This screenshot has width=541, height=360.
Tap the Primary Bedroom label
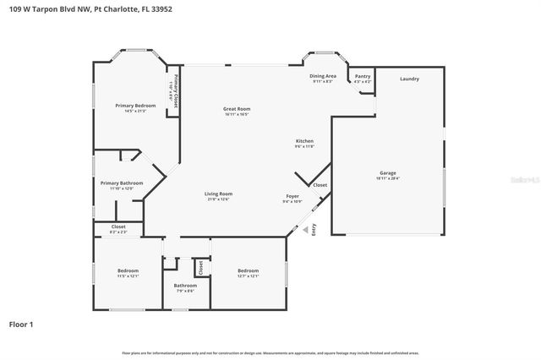(x=135, y=107)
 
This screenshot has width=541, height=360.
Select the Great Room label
(x=237, y=111)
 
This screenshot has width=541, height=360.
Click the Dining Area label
(x=323, y=79)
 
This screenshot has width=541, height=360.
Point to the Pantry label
(x=362, y=79)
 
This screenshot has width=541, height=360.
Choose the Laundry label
(x=409, y=79)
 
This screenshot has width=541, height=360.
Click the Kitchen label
(x=304, y=143)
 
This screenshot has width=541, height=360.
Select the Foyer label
(x=292, y=199)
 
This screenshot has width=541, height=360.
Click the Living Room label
(x=218, y=196)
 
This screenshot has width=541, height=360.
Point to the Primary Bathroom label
(x=121, y=185)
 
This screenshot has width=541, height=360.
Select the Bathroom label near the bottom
(x=185, y=287)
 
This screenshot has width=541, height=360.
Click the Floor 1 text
(x=21, y=324)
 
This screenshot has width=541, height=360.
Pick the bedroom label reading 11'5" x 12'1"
(x=127, y=273)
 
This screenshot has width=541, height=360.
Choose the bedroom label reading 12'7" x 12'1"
(x=248, y=273)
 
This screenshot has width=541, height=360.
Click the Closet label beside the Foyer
(x=320, y=184)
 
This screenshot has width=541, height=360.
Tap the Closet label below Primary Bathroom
(x=118, y=228)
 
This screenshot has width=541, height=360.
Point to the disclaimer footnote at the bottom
(x=270, y=352)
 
